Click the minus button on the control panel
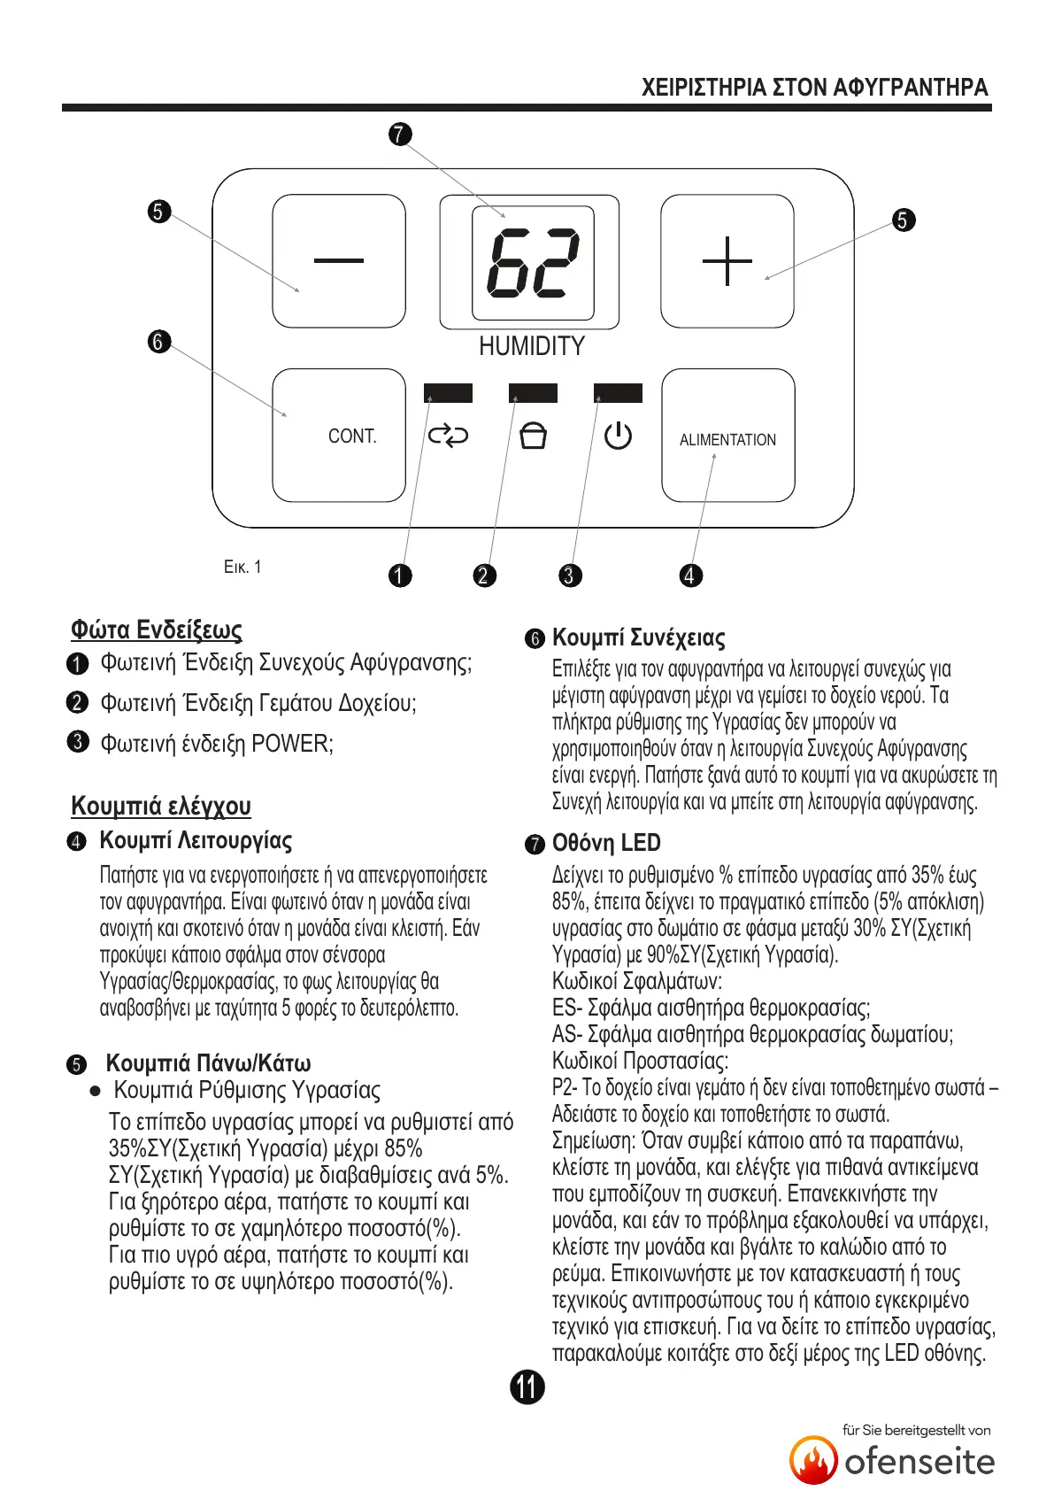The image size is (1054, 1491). (x=339, y=261)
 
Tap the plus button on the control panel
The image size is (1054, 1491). (x=727, y=261)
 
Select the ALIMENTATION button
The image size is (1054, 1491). (x=727, y=436)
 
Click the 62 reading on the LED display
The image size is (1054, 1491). (x=533, y=263)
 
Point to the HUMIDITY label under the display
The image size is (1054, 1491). (x=532, y=346)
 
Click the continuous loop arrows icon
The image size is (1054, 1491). (x=448, y=436)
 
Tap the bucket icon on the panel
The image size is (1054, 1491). (x=533, y=436)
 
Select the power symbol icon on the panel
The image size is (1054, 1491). (x=618, y=436)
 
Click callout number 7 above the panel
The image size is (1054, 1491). (x=400, y=135)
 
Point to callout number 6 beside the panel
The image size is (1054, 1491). (x=158, y=342)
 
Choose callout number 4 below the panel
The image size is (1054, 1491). (x=690, y=576)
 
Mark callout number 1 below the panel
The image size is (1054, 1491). (x=400, y=576)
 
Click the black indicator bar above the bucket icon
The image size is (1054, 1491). (x=533, y=393)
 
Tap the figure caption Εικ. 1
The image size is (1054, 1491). (x=242, y=568)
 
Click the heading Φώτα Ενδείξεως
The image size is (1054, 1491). (x=157, y=630)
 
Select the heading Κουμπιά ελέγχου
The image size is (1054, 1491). (x=161, y=806)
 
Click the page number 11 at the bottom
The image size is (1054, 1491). (x=527, y=1387)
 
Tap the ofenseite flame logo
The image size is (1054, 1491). (x=813, y=1460)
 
